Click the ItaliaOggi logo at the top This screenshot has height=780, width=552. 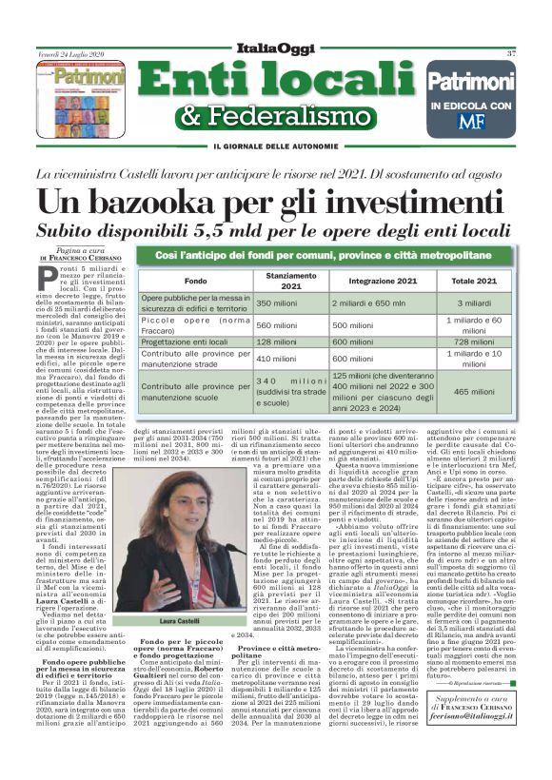click(277, 49)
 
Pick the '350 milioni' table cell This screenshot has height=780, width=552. click(277, 302)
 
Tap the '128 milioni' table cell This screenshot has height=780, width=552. click(277, 341)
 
